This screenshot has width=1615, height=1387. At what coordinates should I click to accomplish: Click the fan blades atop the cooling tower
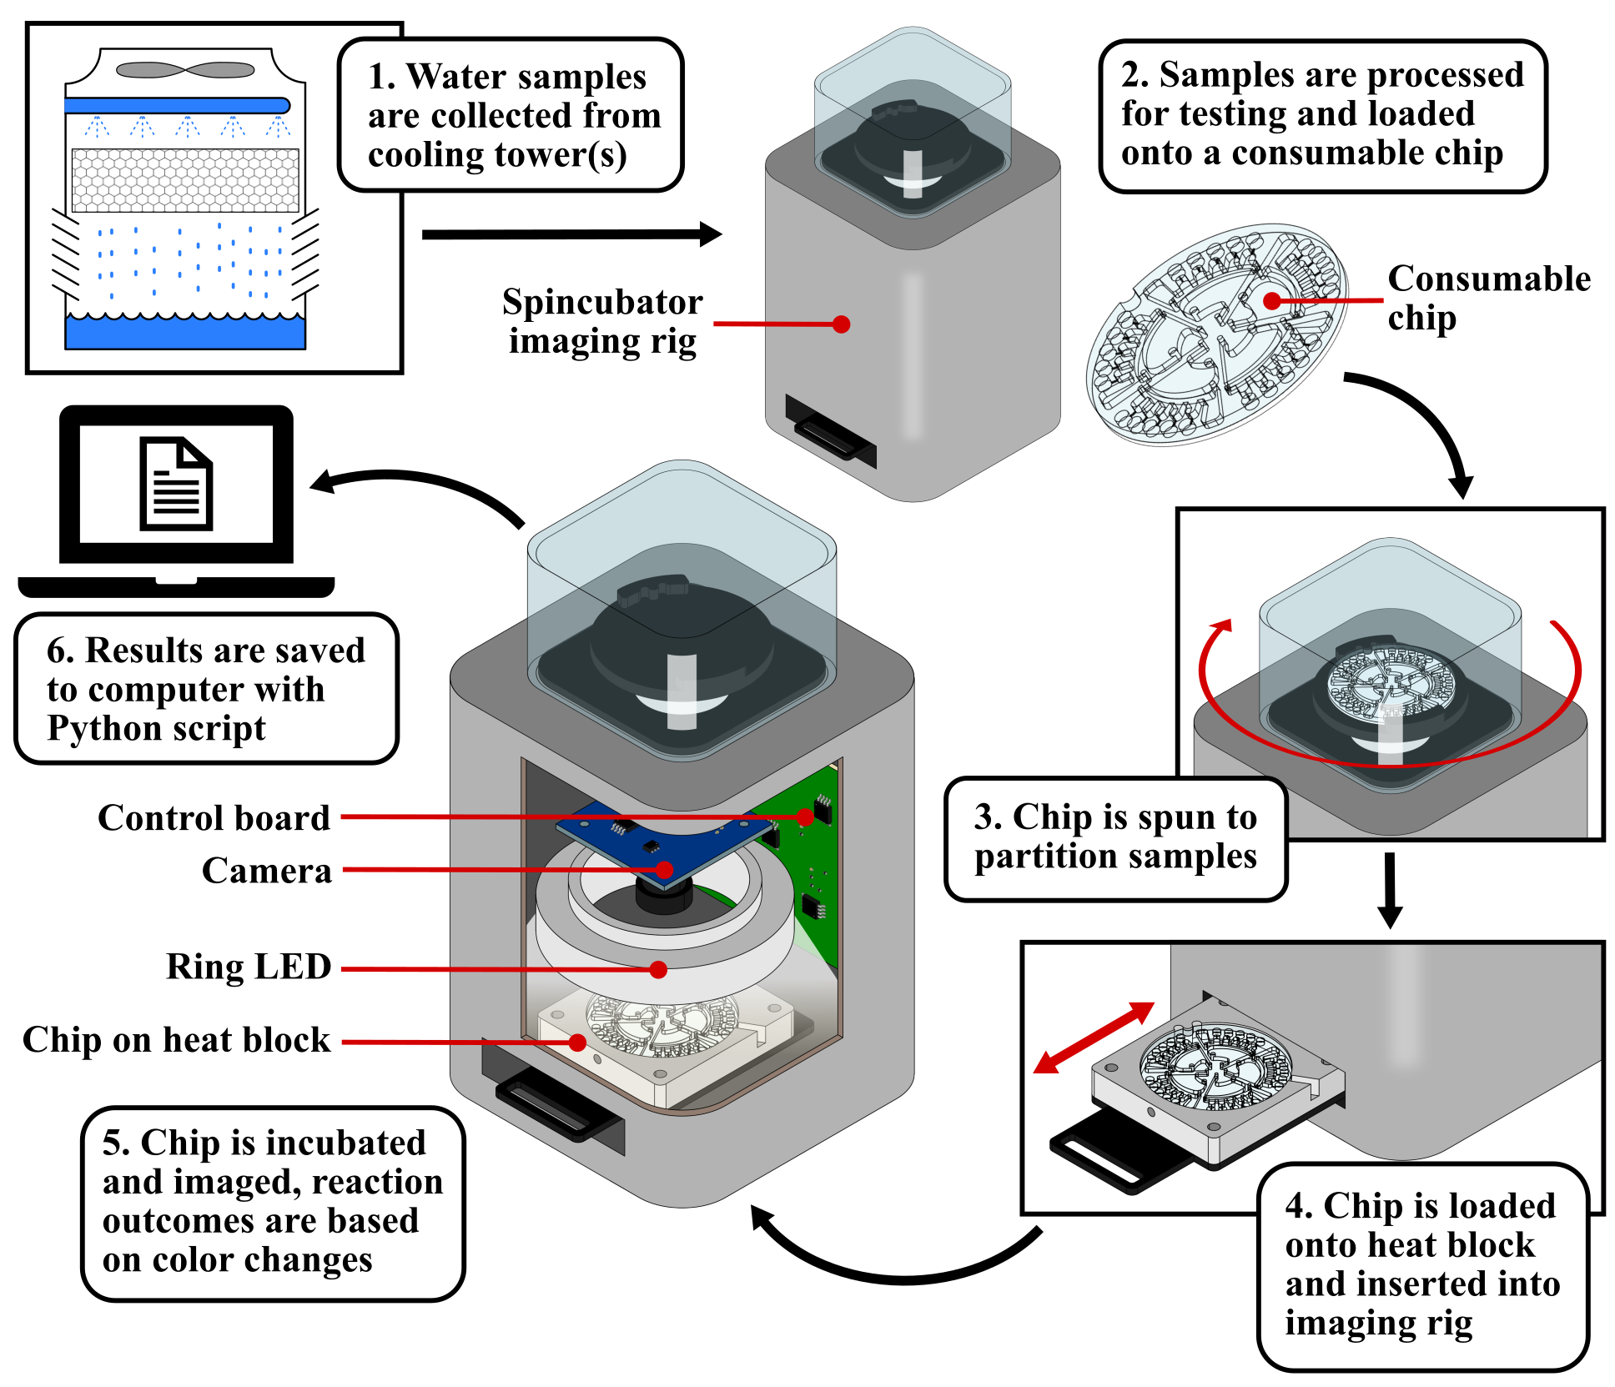[x=184, y=70]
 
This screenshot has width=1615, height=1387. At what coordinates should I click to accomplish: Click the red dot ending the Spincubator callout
[x=842, y=324]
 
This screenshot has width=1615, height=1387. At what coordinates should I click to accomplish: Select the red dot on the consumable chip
[x=1272, y=301]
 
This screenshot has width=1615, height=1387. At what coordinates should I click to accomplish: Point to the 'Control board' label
[x=214, y=818]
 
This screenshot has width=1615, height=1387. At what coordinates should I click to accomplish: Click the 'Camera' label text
[x=266, y=871]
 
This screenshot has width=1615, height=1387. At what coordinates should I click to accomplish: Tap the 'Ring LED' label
[x=249, y=967]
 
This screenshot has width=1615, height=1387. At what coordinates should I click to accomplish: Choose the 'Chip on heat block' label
[x=176, y=1040]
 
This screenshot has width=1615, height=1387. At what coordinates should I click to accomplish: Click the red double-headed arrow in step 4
[x=1094, y=1038]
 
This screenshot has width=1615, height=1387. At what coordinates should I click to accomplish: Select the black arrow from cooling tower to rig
[x=571, y=234]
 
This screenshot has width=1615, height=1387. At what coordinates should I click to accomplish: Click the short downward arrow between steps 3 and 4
[x=1389, y=889]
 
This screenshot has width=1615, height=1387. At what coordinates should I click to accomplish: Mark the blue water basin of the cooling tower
[x=185, y=332]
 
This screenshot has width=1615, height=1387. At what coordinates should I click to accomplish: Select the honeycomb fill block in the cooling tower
[x=185, y=180]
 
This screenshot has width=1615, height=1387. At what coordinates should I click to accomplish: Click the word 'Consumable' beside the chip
[x=1489, y=279]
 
